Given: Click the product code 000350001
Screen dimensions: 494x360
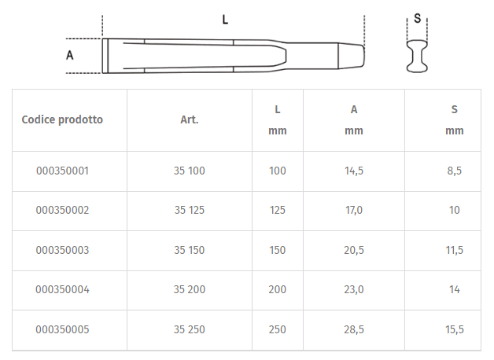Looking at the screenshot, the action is coord(62,171).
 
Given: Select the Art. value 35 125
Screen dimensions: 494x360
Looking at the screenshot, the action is coord(190,210).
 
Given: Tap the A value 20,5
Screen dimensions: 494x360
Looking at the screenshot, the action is coord(354,250).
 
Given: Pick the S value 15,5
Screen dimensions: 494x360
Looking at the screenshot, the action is coord(455,329).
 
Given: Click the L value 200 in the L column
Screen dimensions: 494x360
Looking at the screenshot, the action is coord(277,289).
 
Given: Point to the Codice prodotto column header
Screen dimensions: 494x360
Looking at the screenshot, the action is coord(62,119).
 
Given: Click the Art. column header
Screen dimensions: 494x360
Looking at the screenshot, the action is coord(190,119).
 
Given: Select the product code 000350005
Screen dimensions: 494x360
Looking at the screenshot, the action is coord(62,329).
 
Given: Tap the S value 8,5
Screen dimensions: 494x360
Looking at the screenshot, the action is coord(455,171).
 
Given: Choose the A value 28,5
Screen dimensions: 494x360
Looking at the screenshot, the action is coord(354,329).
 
